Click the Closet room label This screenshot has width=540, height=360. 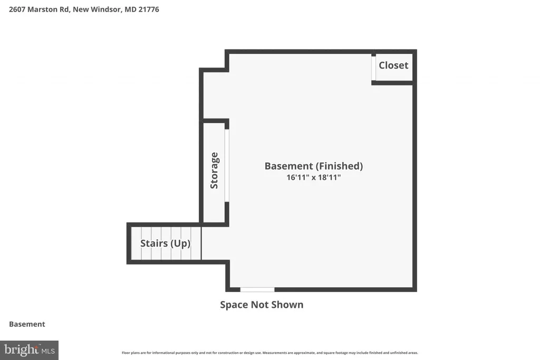(x=393, y=65)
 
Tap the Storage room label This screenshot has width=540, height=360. (x=214, y=170)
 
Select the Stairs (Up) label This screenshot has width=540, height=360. (x=165, y=244)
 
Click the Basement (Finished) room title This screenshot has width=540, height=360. (x=314, y=166)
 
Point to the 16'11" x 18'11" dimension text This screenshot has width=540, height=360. (x=314, y=177)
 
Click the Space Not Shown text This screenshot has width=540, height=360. (x=262, y=305)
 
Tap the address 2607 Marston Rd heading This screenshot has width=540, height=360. (x=39, y=9)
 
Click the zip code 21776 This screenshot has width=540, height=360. (x=149, y=9)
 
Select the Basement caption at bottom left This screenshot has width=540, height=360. (x=27, y=324)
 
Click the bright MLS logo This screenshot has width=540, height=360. (x=30, y=351)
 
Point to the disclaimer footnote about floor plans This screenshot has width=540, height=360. (x=270, y=353)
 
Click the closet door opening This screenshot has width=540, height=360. (x=373, y=68)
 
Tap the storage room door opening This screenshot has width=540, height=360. (x=227, y=166)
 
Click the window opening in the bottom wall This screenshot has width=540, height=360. (x=257, y=290)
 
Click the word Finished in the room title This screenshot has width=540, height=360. (x=339, y=166)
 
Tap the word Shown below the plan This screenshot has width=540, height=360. (x=287, y=305)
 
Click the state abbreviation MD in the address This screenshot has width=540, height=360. (x=131, y=9)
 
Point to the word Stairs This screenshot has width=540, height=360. (x=153, y=244)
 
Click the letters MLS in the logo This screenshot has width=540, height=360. (x=48, y=351)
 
